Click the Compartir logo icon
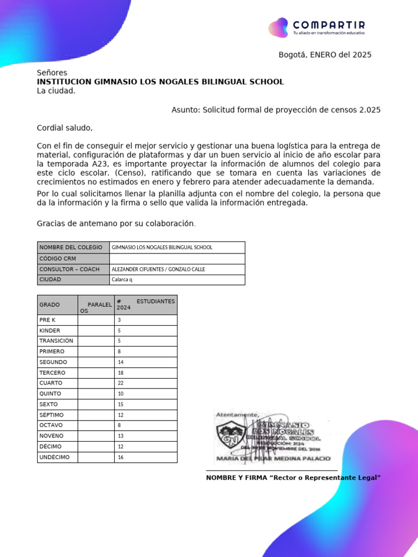pos(278,27)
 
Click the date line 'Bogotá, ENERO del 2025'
pos(325,54)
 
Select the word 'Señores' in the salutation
pos(52,72)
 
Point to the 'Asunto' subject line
pos(276,109)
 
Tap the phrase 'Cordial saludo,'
pos(65,128)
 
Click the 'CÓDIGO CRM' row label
pos(58,258)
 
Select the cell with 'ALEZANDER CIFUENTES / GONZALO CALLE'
pos(158,269)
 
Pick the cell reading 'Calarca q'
pos(122,280)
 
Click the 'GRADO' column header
pos(50,305)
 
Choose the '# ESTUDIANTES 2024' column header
pos(145,304)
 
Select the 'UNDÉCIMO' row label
pos(54,457)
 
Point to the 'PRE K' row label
pos(47,320)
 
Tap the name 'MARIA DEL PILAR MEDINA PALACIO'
pos(273,459)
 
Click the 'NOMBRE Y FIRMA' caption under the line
pos(293,478)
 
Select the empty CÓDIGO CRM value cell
pos(177,258)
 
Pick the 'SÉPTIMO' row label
pos(51,414)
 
